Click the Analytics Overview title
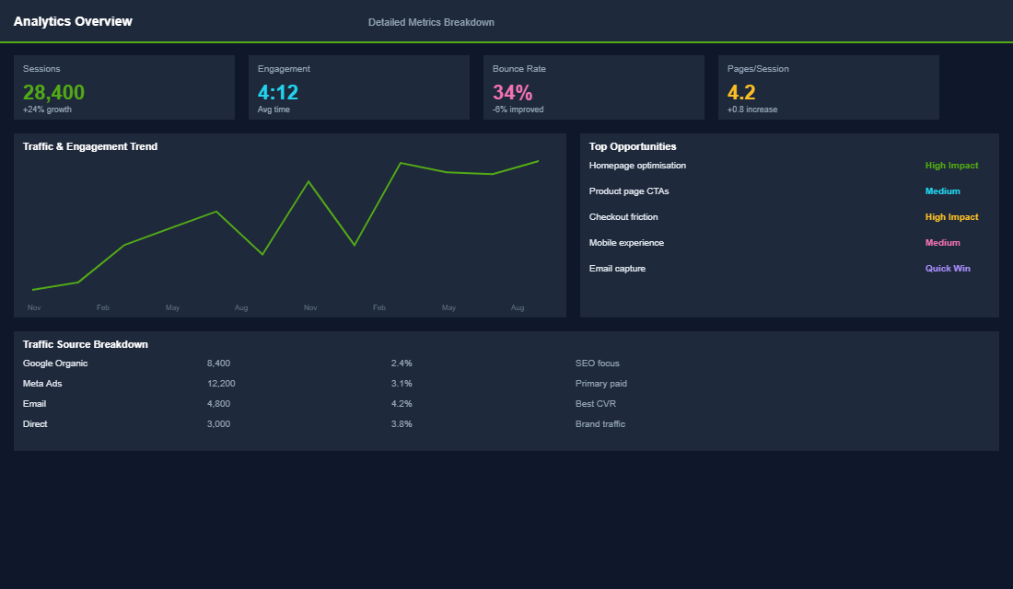tap(73, 21)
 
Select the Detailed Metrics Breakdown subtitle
tap(431, 22)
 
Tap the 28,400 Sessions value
tap(53, 92)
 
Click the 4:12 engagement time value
tap(278, 92)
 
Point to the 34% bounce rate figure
tap(512, 92)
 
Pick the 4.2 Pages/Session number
tap(741, 92)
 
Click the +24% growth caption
tap(47, 110)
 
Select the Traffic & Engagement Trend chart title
tap(90, 146)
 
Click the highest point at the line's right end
tap(538, 161)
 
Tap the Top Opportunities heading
tap(633, 146)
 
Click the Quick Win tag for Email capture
tap(948, 269)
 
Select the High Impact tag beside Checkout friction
tap(951, 217)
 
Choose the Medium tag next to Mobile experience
tap(942, 243)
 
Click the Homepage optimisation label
tap(637, 166)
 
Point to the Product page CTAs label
tap(629, 191)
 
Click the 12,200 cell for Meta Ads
tap(221, 384)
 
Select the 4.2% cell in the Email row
tap(402, 404)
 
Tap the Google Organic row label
tap(55, 364)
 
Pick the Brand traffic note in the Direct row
tap(600, 424)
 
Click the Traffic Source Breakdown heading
tap(86, 344)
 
